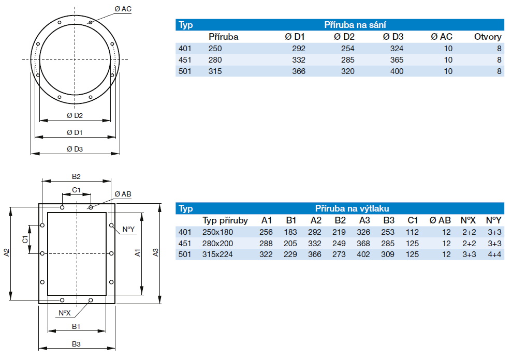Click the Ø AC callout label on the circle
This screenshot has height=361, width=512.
point(123,9)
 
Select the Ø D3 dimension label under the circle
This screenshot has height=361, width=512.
point(75,149)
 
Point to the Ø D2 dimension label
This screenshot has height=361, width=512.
point(75,115)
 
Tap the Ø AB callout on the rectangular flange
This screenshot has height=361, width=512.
point(123,194)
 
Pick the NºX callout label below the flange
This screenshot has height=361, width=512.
point(64,313)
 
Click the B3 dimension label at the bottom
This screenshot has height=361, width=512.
point(76,343)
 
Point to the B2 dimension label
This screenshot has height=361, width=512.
point(76,176)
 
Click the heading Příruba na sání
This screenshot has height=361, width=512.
point(355,25)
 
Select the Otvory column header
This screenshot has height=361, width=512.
point(488,37)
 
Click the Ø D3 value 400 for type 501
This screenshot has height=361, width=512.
point(397,71)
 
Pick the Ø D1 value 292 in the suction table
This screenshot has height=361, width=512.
point(299,49)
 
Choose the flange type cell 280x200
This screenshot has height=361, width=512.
point(218,243)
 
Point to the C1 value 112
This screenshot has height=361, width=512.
point(412,232)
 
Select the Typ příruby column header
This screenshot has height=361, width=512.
point(225,220)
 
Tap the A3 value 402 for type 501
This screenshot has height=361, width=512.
point(365,254)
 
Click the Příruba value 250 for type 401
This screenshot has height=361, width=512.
point(215,49)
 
